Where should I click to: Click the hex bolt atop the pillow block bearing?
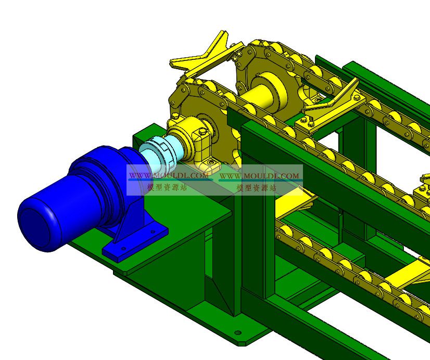tap(201, 132)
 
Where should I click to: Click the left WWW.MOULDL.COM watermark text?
tap(169, 175)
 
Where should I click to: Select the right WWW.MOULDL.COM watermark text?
tap(259, 175)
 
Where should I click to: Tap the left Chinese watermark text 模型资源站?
tap(167, 187)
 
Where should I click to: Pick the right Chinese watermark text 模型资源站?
tap(257, 188)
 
